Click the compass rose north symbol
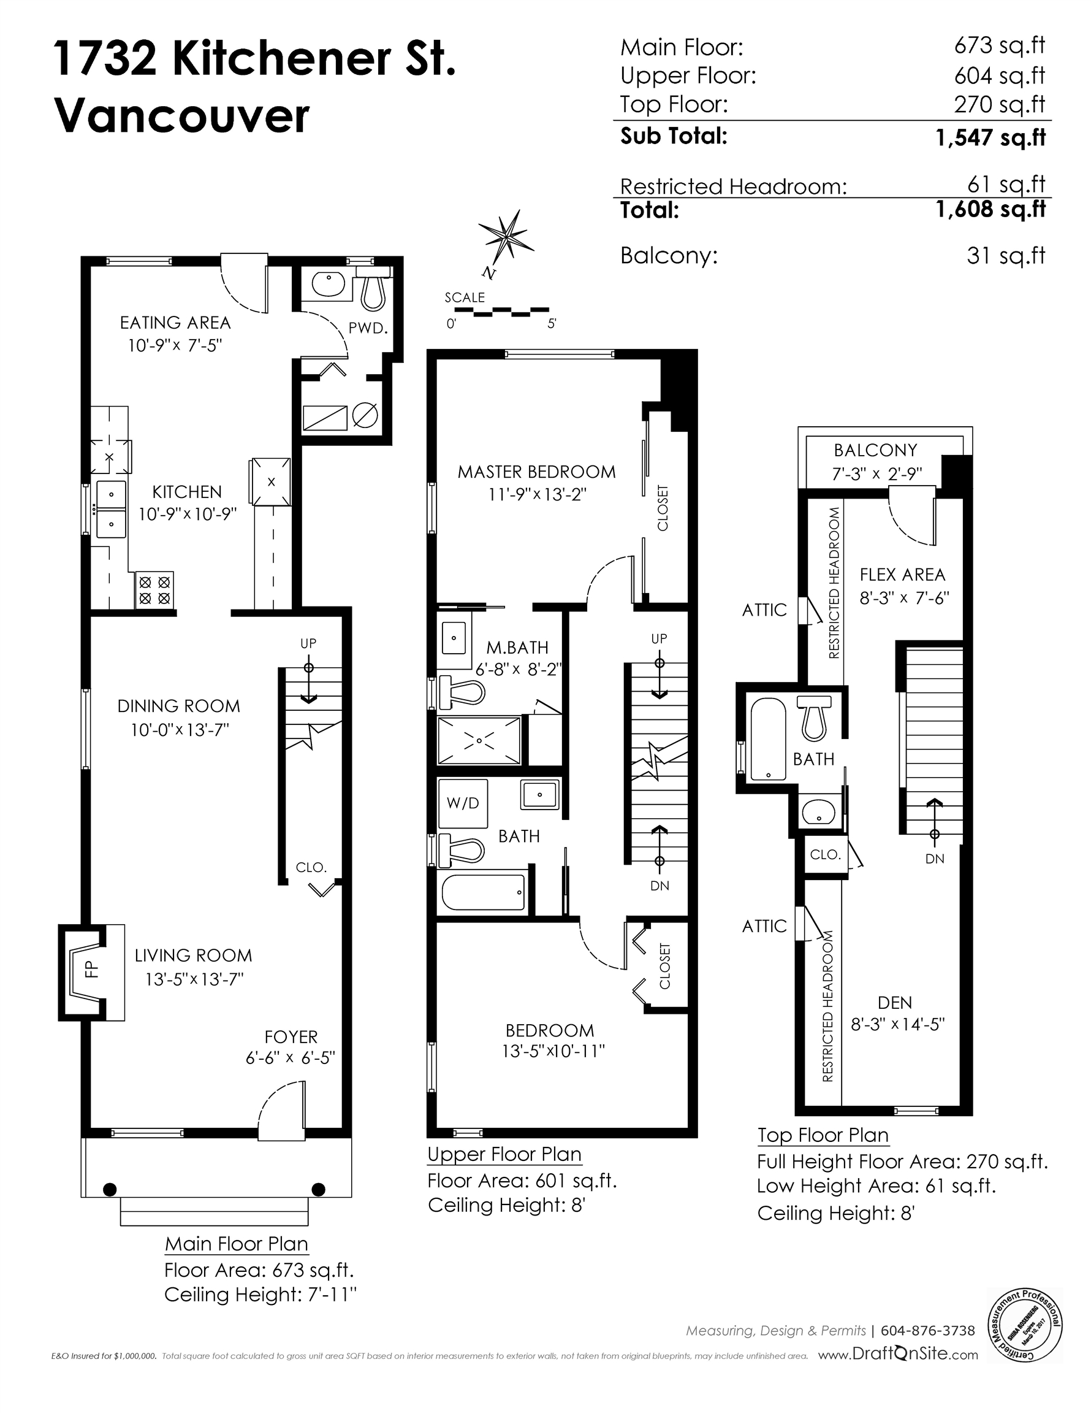pyautogui.click(x=506, y=239)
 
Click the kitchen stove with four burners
pyautogui.click(x=154, y=589)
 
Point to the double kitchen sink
pyautogui.click(x=111, y=509)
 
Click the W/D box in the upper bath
pyautogui.click(x=463, y=803)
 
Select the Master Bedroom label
pyautogui.click(x=536, y=472)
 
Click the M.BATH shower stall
pyautogui.click(x=479, y=740)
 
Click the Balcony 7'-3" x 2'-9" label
pyautogui.click(x=876, y=461)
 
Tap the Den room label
pyautogui.click(x=895, y=1002)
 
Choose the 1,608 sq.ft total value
pyautogui.click(x=990, y=209)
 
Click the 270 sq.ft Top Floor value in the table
pyautogui.click(x=999, y=104)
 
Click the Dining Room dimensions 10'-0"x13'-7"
pyautogui.click(x=180, y=730)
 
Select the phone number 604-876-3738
pyautogui.click(x=927, y=1331)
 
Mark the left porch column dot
pyautogui.click(x=110, y=1189)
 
